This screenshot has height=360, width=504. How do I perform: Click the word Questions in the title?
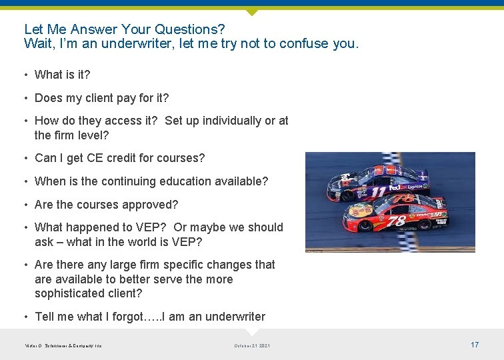coord(189,29)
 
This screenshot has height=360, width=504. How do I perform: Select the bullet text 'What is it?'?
coord(62,75)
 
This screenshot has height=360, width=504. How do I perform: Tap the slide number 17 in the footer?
coord(475,345)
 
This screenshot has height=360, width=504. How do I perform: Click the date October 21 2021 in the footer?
coord(252,345)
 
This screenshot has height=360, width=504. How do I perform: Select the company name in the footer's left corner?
coord(63,345)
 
